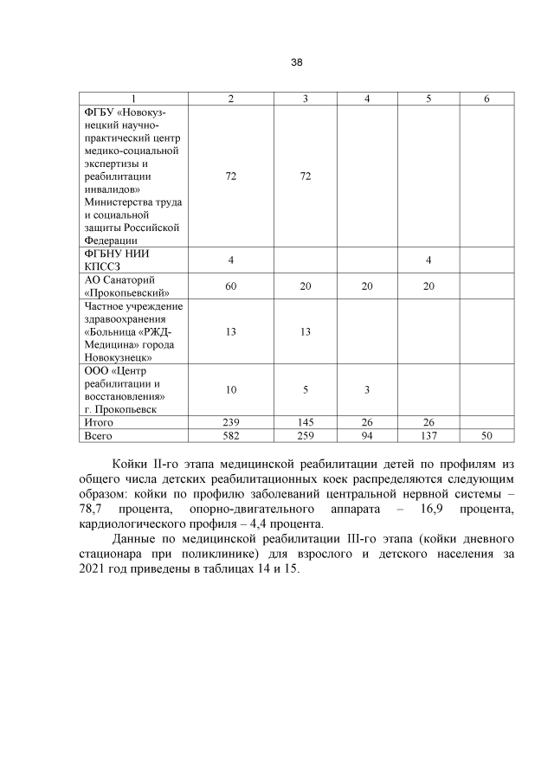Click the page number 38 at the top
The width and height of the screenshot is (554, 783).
296,62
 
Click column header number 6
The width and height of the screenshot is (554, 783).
486,99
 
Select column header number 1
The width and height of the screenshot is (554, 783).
133,99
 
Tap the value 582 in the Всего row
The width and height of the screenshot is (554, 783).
231,436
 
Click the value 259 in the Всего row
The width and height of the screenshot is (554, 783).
306,436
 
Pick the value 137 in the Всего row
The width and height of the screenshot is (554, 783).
428,436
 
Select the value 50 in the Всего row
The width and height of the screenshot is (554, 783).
486,436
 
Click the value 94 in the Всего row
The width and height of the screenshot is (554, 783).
367,436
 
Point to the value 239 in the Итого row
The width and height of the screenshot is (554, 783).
231,422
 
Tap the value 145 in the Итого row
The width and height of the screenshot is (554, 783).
306,422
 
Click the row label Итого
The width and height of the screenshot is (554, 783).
98,422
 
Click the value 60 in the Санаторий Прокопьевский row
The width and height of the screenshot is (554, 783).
231,286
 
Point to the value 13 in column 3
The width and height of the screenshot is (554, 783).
306,331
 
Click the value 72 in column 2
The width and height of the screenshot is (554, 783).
231,176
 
